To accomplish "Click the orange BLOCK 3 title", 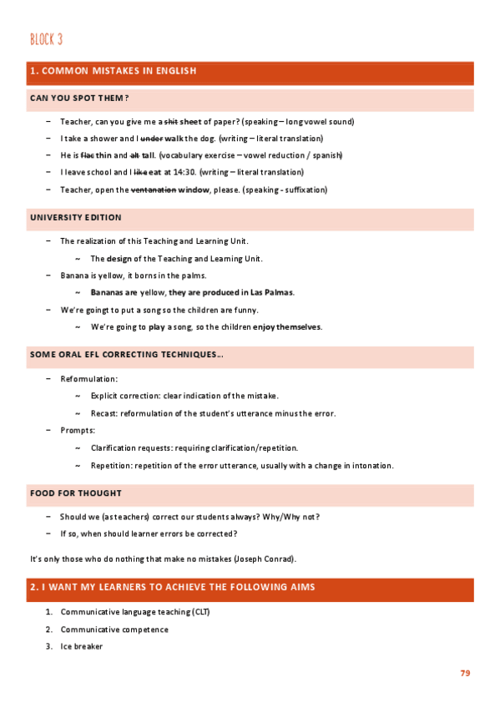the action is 46,39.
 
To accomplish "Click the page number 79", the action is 466,673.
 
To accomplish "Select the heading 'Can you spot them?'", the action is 78,99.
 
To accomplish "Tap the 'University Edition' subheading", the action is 75,217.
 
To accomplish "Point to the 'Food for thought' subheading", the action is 75,493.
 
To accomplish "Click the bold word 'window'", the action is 195,190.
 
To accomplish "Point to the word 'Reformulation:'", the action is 88,379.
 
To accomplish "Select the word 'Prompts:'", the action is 78,430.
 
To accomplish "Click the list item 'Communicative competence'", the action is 114,630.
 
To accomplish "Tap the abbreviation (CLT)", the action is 200,612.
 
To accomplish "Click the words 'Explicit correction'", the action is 126,396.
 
